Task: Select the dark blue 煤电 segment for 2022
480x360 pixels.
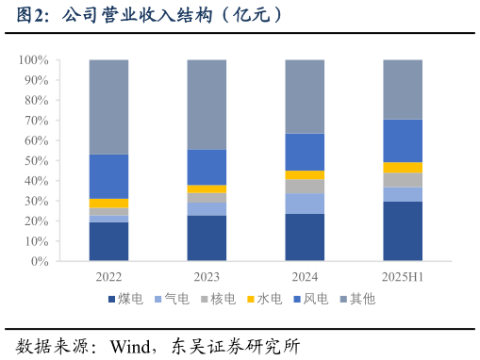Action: pos(109,241)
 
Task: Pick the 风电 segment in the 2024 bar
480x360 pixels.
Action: pos(305,152)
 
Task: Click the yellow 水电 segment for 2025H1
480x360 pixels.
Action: pos(403,168)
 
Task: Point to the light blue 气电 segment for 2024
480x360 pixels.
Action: pos(305,204)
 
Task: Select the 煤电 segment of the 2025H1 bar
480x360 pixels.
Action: pos(403,231)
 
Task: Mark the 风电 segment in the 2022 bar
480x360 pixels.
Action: pos(109,176)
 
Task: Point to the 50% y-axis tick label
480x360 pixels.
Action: pos(36,161)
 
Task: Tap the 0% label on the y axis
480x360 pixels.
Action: pos(40,262)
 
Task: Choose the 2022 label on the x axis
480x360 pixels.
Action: pos(109,277)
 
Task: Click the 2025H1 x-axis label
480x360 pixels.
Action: pos(403,277)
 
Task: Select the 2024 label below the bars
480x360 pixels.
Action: pos(305,277)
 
